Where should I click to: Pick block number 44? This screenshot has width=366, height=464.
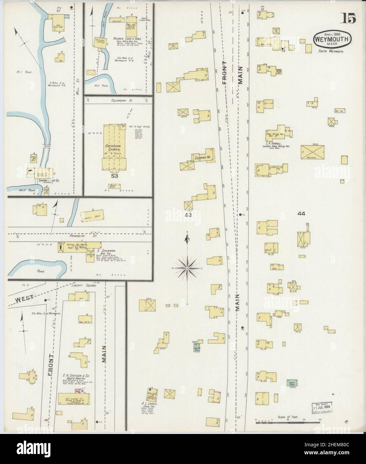point(302,213)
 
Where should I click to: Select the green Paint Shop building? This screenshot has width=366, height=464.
point(292,383)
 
